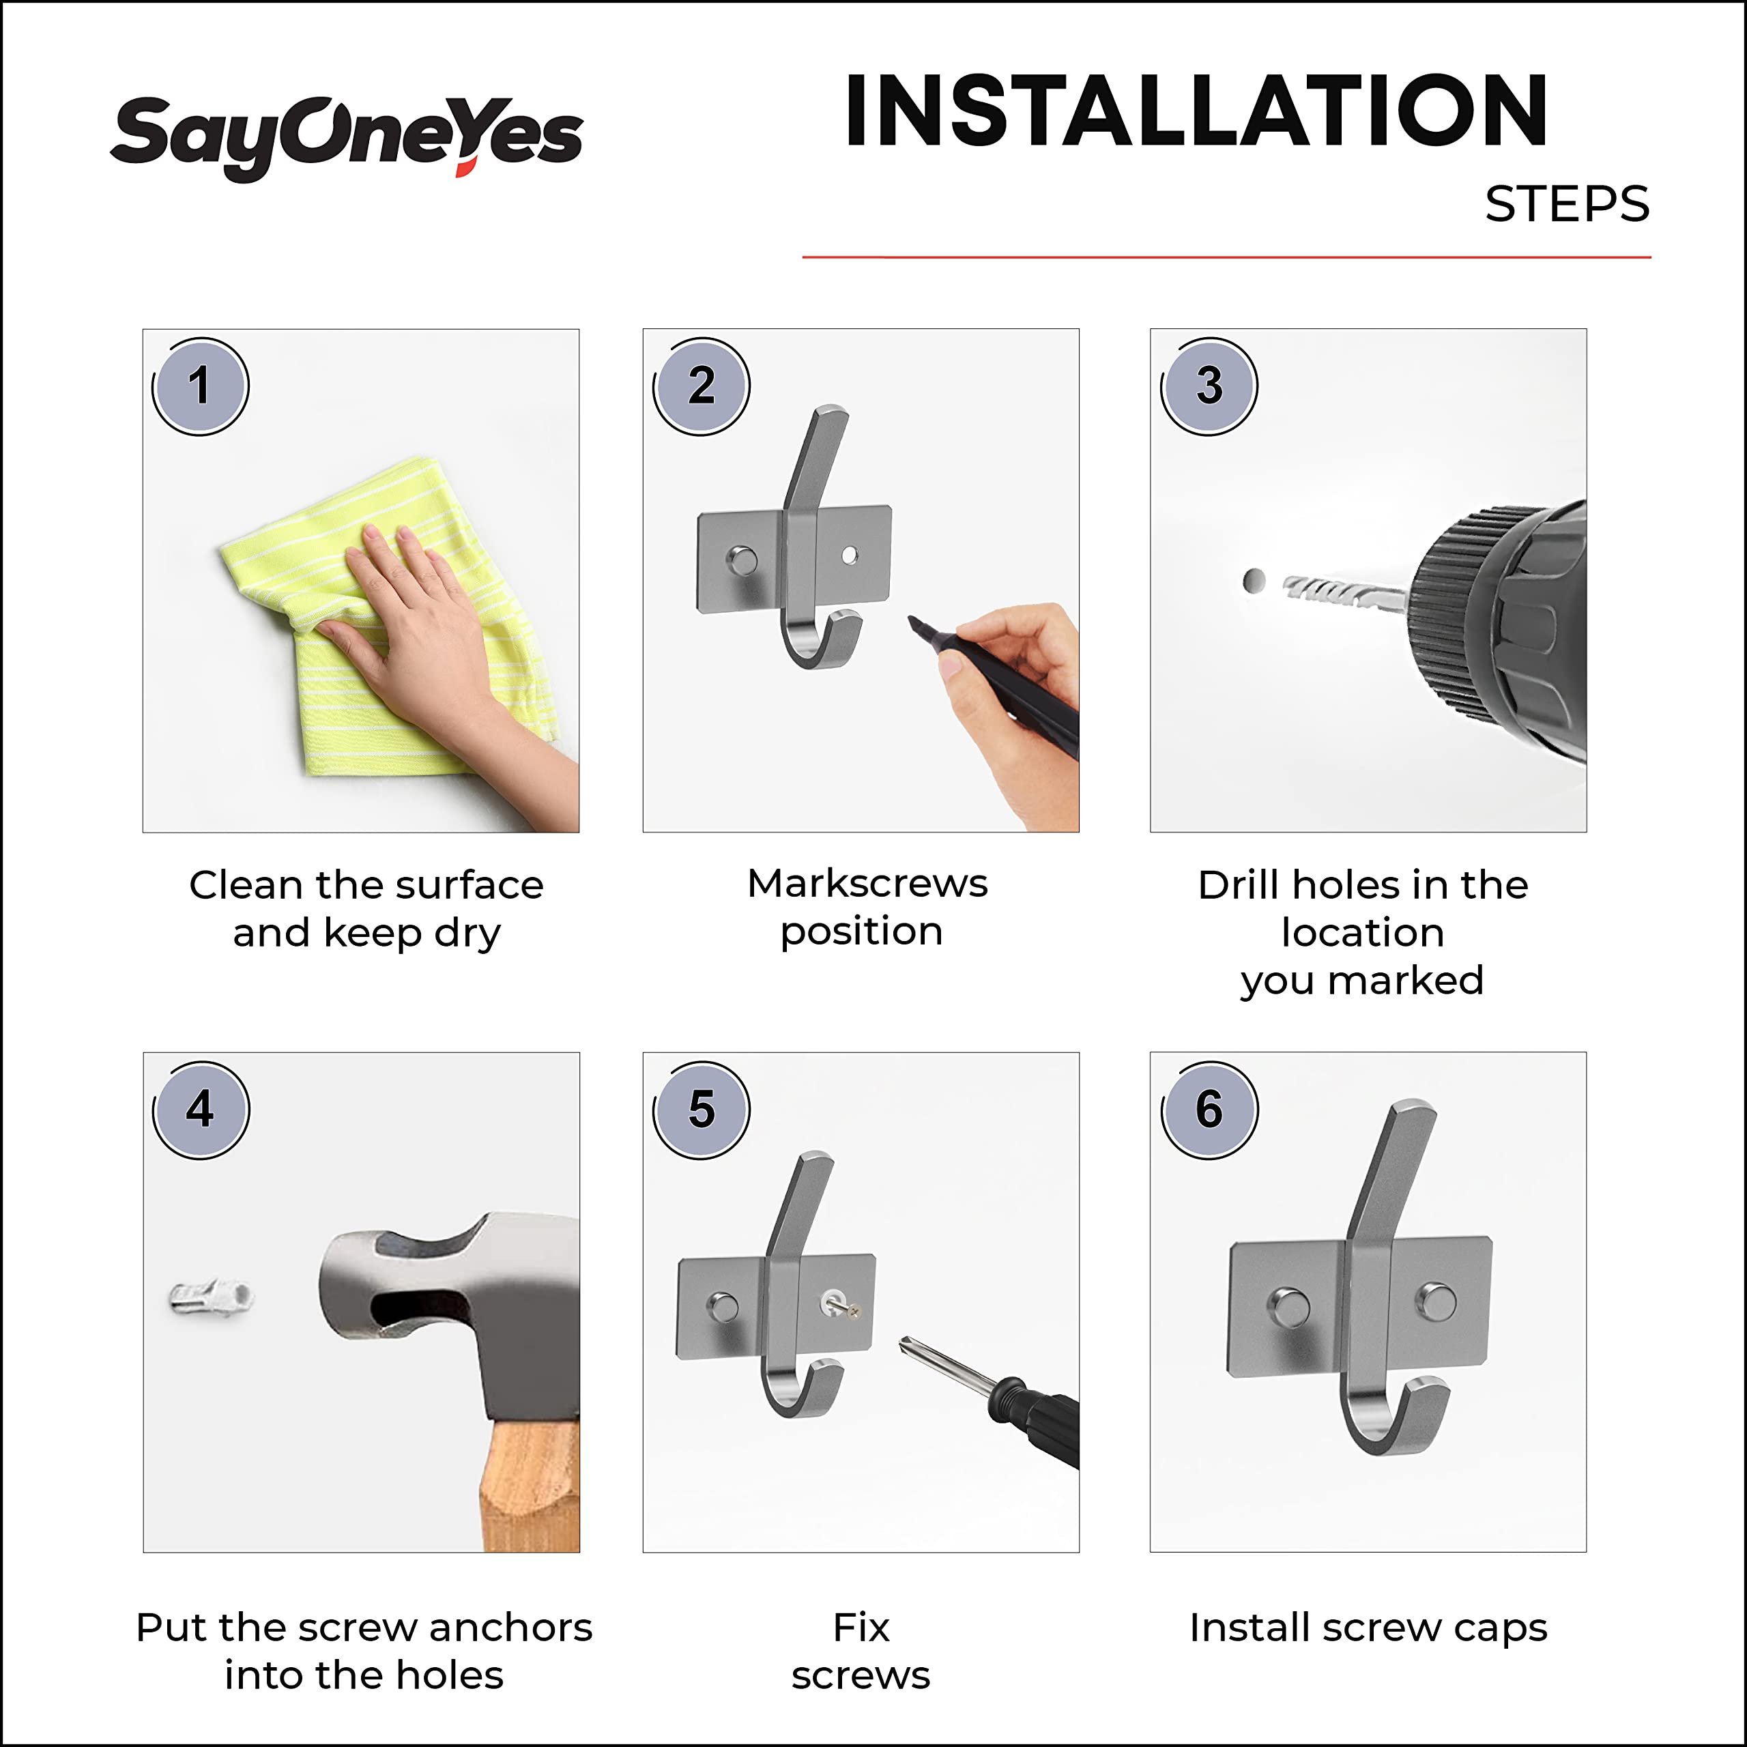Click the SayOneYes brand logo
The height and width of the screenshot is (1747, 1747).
click(346, 136)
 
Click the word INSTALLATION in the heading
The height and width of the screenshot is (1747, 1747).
click(1196, 111)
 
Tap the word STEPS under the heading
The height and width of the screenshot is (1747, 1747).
click(1567, 204)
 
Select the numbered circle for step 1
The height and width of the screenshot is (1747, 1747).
click(200, 386)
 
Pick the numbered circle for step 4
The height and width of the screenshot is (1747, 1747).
click(200, 1110)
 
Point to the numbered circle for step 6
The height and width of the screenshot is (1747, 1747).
click(1209, 1110)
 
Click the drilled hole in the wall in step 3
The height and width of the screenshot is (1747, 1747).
click(1254, 581)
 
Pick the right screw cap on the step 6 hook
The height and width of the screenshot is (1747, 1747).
click(1436, 1302)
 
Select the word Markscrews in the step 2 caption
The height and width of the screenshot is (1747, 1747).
click(867, 884)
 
